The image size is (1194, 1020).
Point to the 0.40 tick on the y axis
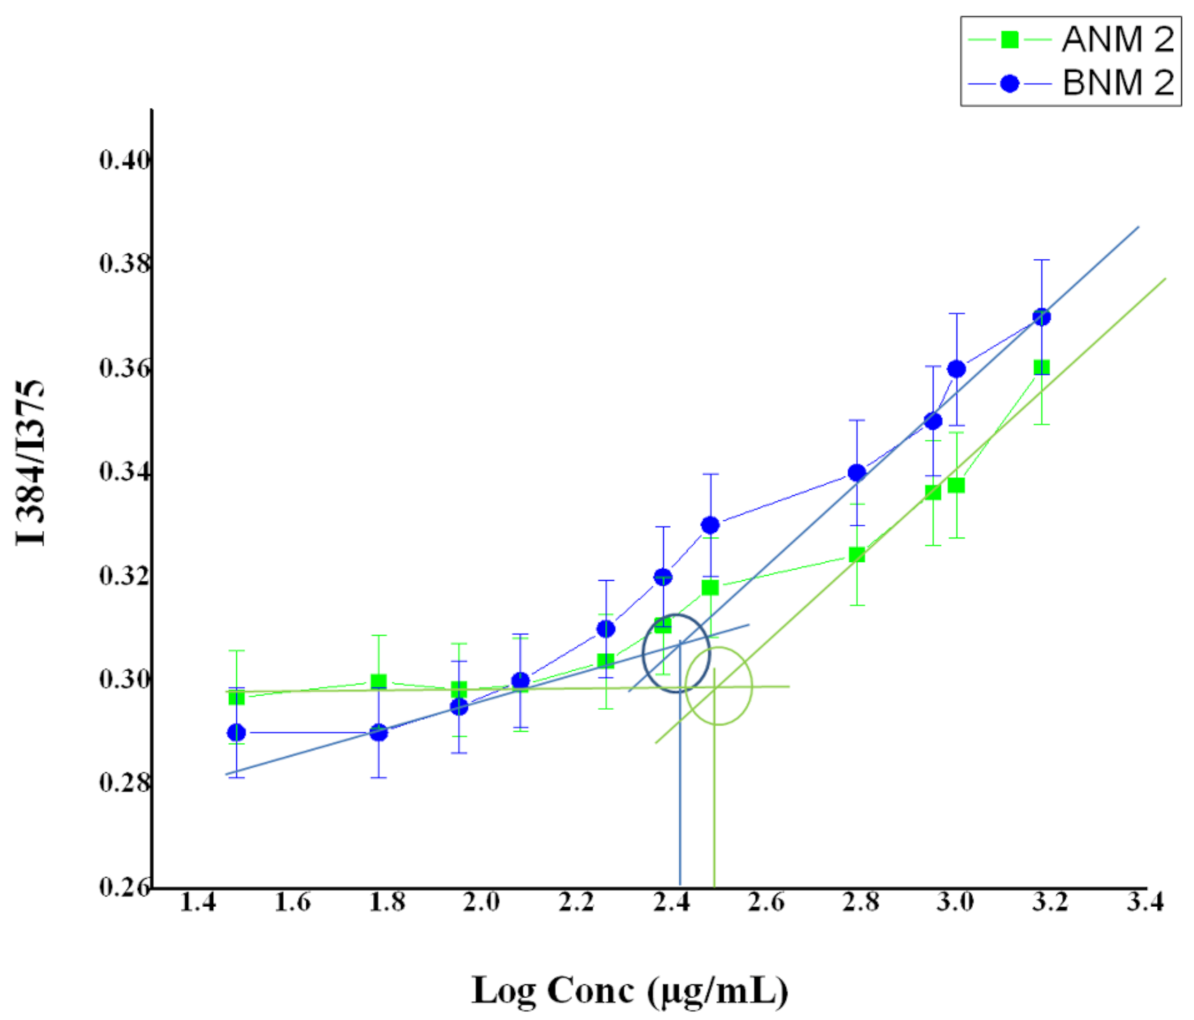(125, 161)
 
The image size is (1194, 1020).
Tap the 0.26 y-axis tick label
(125, 887)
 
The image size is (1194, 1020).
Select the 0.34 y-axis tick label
(125, 472)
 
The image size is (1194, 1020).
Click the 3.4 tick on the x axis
(1144, 902)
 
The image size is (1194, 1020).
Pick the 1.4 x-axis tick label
(198, 902)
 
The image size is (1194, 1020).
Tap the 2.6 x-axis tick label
(766, 902)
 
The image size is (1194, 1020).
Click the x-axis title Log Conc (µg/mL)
(630, 991)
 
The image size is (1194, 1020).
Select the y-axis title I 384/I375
(30, 463)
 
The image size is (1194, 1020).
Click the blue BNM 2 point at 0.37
(1042, 316)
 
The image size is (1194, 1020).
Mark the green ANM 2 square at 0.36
(1042, 368)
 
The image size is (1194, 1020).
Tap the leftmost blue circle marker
(237, 732)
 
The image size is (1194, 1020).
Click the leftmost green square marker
(237, 697)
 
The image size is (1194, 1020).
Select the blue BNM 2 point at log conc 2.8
(857, 473)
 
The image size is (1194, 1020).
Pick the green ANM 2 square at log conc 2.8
(857, 555)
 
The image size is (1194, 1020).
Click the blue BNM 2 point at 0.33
(710, 525)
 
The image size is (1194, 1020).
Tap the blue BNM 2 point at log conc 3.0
(956, 369)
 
